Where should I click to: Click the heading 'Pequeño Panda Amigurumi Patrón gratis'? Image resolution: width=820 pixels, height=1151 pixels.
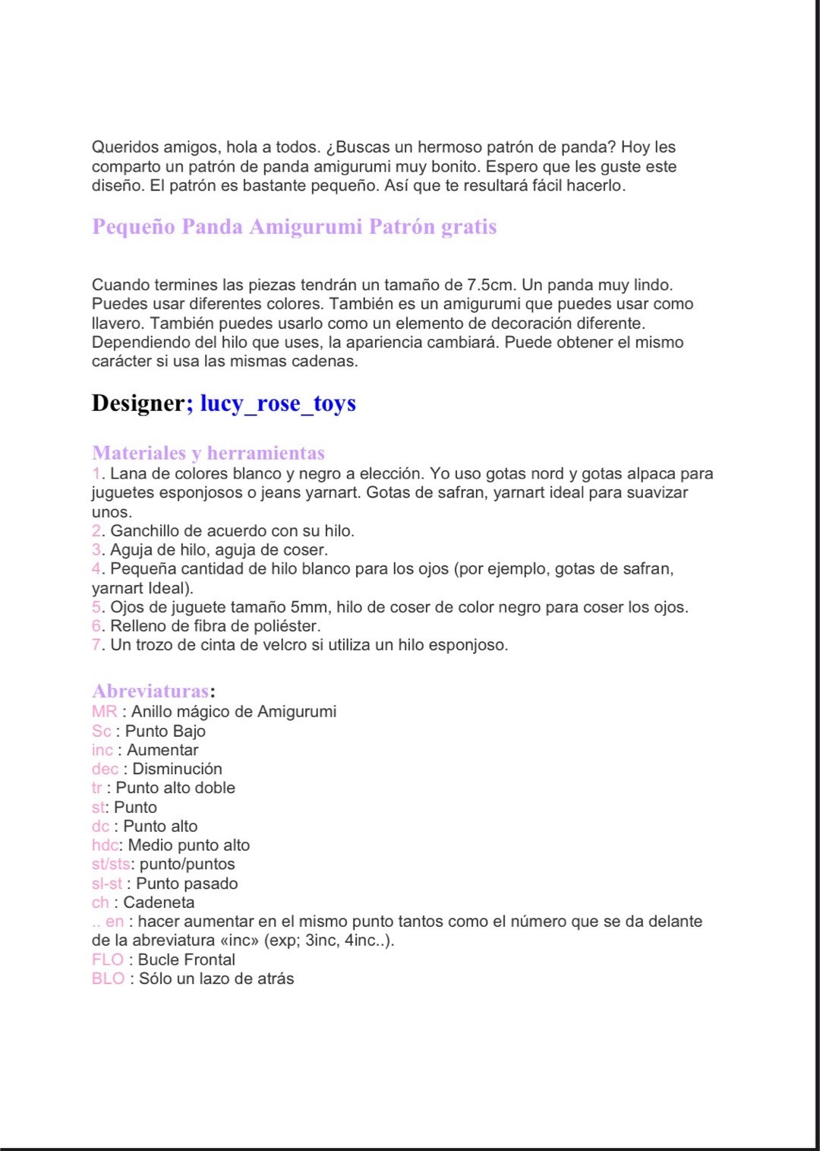click(294, 227)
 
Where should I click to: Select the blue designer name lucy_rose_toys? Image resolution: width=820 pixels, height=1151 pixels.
click(278, 403)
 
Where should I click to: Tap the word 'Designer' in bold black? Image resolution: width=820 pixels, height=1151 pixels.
click(138, 403)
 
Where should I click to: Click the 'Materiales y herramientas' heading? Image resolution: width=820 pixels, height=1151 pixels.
click(208, 454)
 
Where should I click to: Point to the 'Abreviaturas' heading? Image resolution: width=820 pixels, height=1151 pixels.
click(150, 691)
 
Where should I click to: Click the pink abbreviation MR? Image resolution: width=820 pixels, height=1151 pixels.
click(104, 712)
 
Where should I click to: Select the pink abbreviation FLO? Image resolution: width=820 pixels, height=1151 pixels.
click(107, 960)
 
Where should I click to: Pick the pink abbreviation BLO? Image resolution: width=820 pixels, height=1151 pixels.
click(108, 979)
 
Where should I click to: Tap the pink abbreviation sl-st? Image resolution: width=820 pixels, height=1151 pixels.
click(106, 884)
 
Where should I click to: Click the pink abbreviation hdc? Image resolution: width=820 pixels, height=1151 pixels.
click(105, 846)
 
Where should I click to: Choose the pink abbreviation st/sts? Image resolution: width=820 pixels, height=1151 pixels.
click(111, 865)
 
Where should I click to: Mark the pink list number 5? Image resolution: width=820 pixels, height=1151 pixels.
click(96, 608)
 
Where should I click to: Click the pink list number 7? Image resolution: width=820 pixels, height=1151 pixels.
click(96, 646)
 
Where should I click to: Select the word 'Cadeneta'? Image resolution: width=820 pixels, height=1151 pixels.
click(159, 903)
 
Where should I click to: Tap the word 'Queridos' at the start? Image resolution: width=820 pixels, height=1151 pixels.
click(125, 147)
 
